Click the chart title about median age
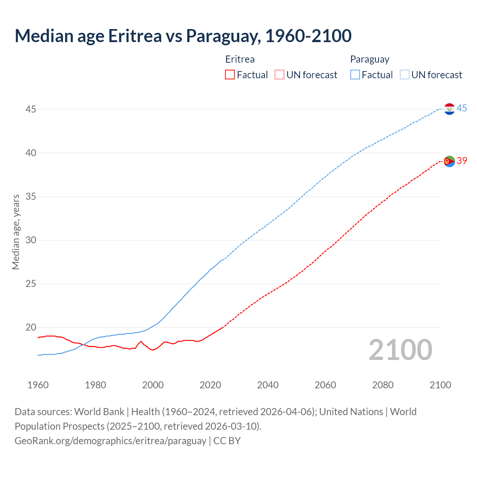pyautogui.click(x=183, y=36)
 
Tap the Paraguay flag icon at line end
pyautogui.click(x=449, y=109)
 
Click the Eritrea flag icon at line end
pyautogui.click(x=449, y=161)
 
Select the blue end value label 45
pyautogui.click(x=462, y=108)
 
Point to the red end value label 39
pyautogui.click(x=462, y=161)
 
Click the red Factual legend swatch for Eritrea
pyautogui.click(x=230, y=75)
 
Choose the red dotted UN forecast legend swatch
pyautogui.click(x=279, y=75)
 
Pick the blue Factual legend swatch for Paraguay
pyautogui.click(x=355, y=75)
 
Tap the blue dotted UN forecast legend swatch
pyautogui.click(x=404, y=75)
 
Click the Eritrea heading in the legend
pyautogui.click(x=240, y=60)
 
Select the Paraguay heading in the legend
pyautogui.click(x=369, y=60)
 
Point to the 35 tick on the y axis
pyautogui.click(x=31, y=196)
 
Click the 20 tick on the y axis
pyautogui.click(x=31, y=328)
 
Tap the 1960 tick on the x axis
pyautogui.click(x=38, y=385)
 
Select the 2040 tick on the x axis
pyautogui.click(x=268, y=385)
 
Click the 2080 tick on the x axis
pyautogui.click(x=383, y=385)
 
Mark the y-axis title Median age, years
pyautogui.click(x=16, y=232)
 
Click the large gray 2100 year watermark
pyautogui.click(x=400, y=350)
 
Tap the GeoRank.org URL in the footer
pyautogui.click(x=110, y=441)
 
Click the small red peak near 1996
pyautogui.click(x=141, y=341)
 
